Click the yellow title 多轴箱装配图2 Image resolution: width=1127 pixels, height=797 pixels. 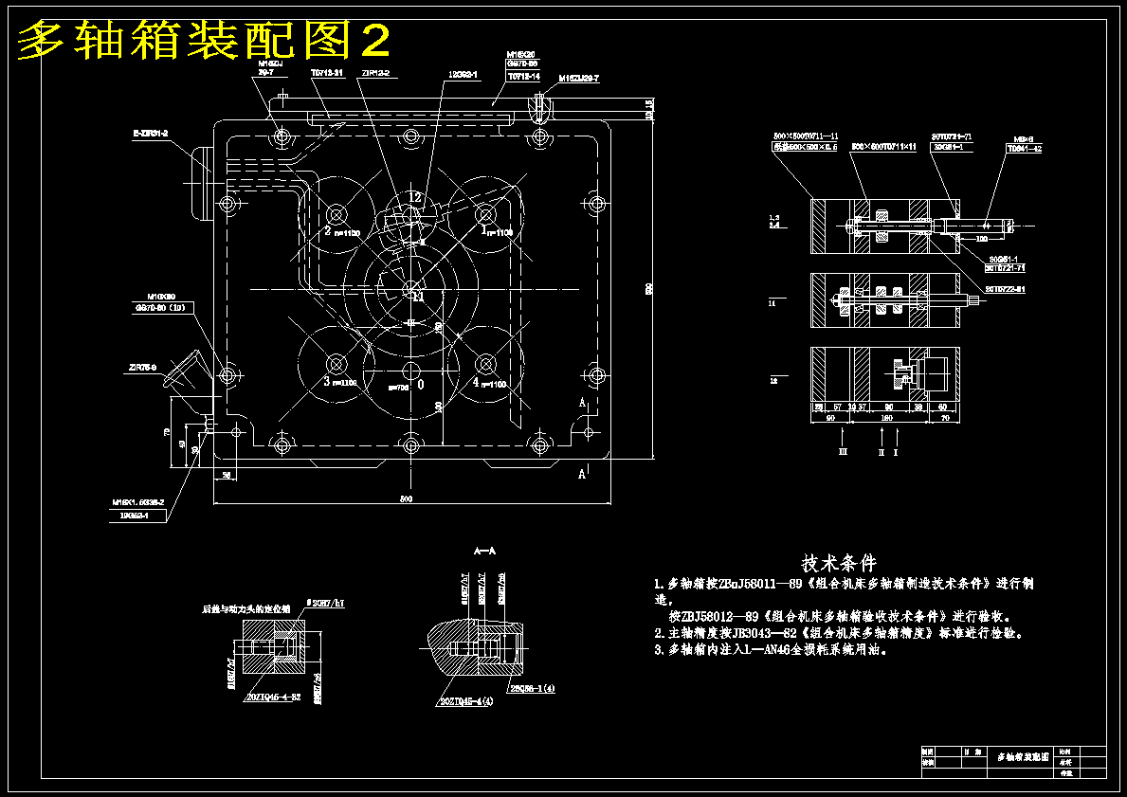pos(204,41)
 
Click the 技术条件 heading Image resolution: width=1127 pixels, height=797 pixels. pos(839,563)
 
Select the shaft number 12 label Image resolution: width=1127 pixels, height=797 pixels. pos(415,197)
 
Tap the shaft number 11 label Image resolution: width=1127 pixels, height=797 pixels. pos(418,296)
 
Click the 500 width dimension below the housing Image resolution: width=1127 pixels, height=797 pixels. pos(406,498)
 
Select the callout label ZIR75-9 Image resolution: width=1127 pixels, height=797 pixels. pos(142,365)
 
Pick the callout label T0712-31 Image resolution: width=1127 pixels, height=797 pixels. pos(327,72)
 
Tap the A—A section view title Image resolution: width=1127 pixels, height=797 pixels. pos(485,550)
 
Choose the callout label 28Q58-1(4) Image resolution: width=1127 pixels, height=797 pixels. pos(532,689)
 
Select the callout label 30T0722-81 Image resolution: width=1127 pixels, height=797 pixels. pos(1006,288)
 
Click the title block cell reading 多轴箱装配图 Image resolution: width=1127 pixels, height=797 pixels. pos(1023,757)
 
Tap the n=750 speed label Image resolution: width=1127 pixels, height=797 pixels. pos(399,387)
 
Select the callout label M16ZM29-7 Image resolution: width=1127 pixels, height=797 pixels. pos(578,79)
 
